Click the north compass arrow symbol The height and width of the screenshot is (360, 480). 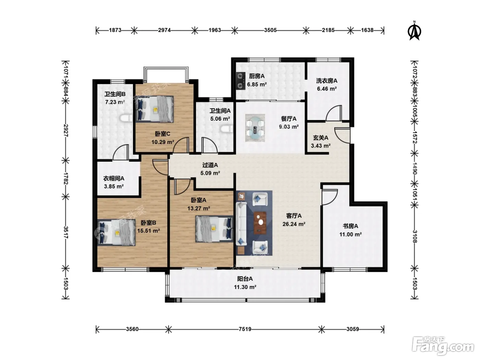[x=414, y=31]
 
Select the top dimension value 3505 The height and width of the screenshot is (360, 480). [x=270, y=30]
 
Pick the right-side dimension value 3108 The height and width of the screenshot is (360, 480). [x=415, y=237]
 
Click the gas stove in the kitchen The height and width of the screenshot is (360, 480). [x=241, y=81]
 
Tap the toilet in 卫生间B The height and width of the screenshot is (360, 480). [x=126, y=119]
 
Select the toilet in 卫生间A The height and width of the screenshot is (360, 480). [x=227, y=129]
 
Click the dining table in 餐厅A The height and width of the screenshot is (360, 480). [x=255, y=128]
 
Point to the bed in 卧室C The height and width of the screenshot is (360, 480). [x=155, y=109]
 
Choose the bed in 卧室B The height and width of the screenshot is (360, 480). [x=117, y=232]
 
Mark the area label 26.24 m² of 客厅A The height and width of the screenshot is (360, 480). [x=294, y=224]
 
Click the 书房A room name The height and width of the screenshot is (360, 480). [x=350, y=226]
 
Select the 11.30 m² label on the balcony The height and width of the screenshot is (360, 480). [x=245, y=287]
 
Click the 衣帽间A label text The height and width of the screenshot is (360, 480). [x=114, y=178]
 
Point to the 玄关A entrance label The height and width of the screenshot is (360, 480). [x=321, y=138]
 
